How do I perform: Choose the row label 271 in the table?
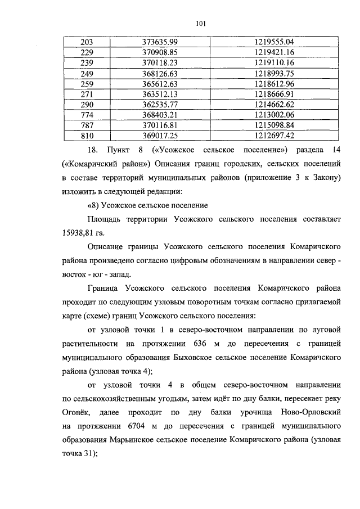87,94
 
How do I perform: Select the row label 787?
87,125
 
